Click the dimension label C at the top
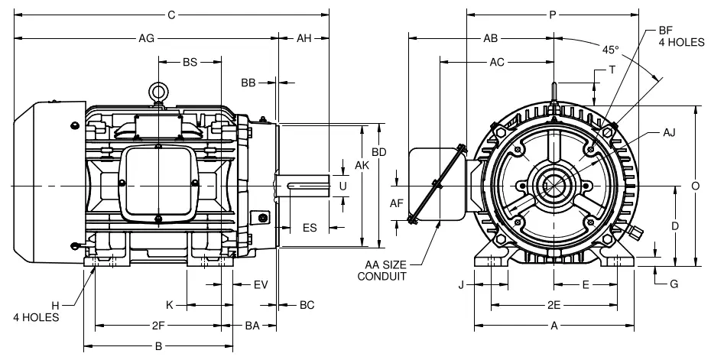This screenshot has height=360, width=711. coord(171,15)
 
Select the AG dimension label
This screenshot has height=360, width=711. coord(147,38)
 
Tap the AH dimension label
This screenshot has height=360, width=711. coord(304,38)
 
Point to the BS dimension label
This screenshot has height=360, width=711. coord(190,62)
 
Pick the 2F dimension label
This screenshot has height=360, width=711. coord(158,326)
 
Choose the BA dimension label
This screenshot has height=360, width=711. coord(252,326)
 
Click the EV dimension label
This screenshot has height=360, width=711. coord(261,285)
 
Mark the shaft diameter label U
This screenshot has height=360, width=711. coord(343,186)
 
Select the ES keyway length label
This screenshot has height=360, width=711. coord(310,227)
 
